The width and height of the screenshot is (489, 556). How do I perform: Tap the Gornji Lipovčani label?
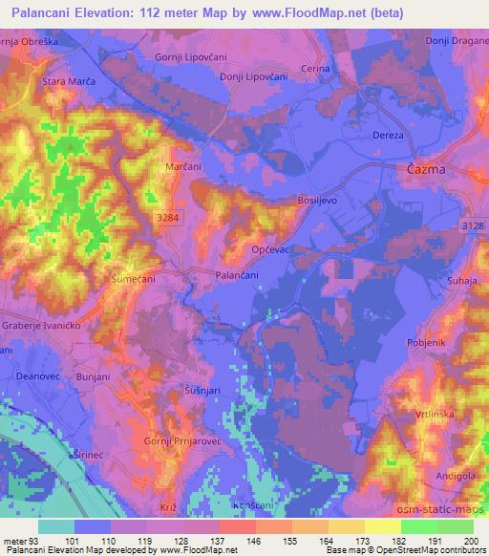189,56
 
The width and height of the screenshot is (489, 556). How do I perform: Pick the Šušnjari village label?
202,392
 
